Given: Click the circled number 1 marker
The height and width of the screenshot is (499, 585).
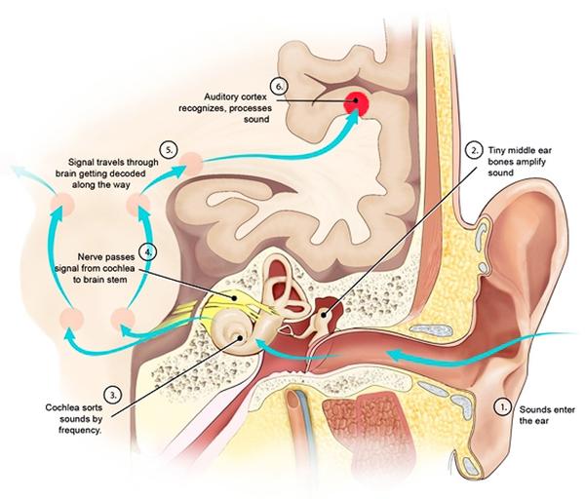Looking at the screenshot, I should click(x=503, y=402).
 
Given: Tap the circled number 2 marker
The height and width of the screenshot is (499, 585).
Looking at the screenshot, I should click(x=473, y=150).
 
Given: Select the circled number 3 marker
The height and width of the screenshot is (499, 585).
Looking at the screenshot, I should click(x=114, y=394).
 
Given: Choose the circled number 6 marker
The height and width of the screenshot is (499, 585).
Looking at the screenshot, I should click(x=281, y=86).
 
